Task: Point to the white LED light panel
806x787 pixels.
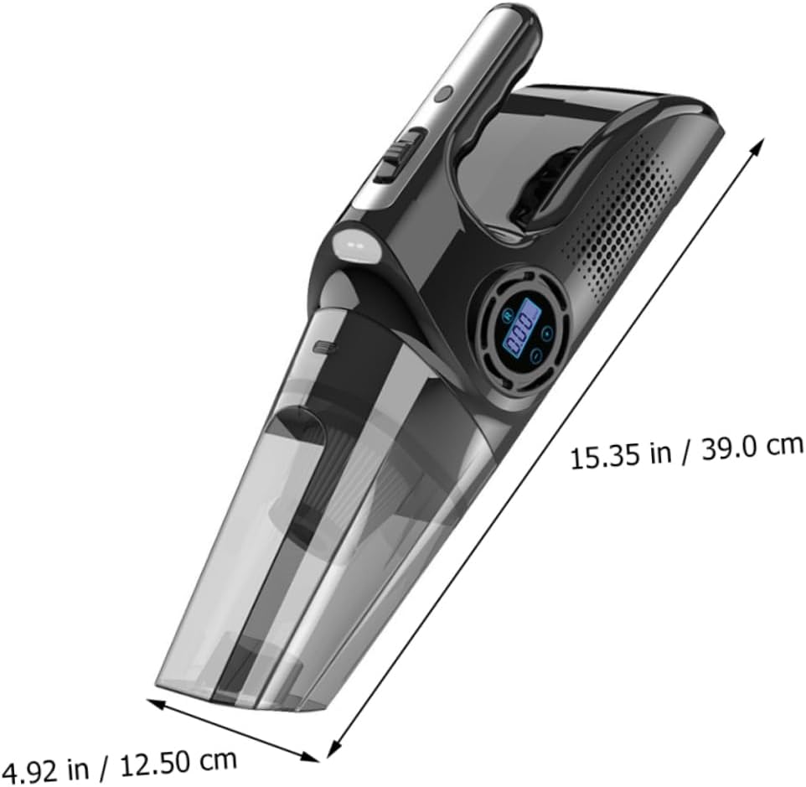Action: [354, 244]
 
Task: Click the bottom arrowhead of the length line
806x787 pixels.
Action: [336, 746]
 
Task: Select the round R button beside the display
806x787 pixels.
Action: [509, 317]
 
